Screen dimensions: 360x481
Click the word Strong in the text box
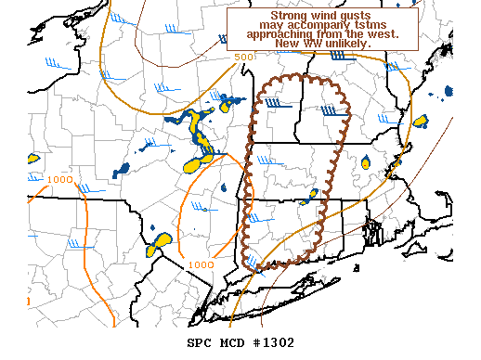point(279,15)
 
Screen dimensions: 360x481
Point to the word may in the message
point(271,24)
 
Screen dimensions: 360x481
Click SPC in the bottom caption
point(200,343)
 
